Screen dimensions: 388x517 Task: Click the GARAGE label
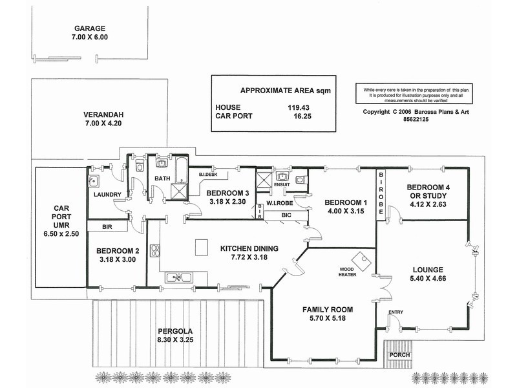[x=90, y=29]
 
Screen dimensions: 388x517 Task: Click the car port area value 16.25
[x=299, y=116]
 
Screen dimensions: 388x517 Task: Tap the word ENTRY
[x=396, y=313]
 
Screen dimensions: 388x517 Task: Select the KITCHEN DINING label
[x=249, y=248]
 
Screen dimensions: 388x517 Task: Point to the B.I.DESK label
[x=207, y=175]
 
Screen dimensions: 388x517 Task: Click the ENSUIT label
[x=281, y=184]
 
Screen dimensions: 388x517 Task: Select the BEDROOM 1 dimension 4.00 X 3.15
[x=346, y=210]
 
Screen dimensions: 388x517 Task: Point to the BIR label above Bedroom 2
[x=108, y=227]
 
